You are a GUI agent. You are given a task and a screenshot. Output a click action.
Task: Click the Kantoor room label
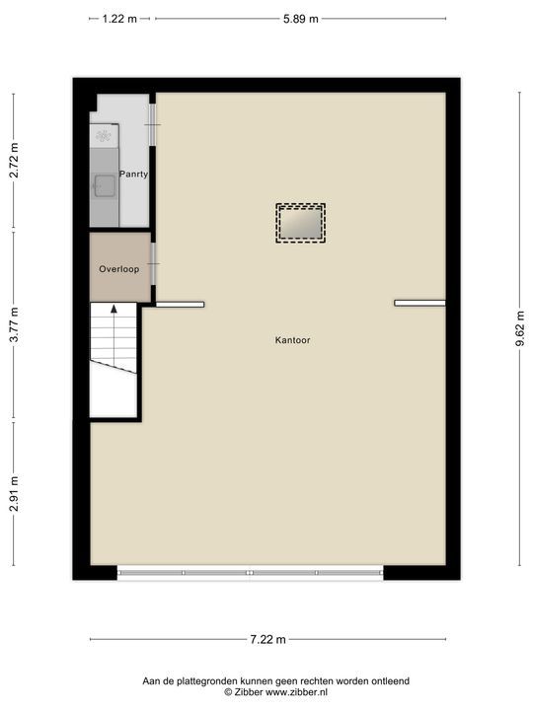(x=293, y=340)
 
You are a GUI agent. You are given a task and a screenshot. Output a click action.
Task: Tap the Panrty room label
(x=134, y=175)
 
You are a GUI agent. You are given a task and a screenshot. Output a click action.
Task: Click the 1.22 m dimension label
(x=119, y=19)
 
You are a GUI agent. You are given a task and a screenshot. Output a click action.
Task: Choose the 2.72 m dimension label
(x=14, y=162)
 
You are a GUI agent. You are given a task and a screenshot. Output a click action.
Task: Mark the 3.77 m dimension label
(x=14, y=325)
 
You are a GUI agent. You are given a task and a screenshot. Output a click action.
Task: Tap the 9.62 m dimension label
(x=519, y=329)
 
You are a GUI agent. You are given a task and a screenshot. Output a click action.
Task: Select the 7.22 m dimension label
(x=266, y=639)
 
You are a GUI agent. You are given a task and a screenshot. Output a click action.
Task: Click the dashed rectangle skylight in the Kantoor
(x=300, y=223)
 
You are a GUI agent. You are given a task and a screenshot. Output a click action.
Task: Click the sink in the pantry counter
(x=103, y=184)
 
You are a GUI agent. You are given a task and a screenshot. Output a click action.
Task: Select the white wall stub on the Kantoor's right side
(x=419, y=303)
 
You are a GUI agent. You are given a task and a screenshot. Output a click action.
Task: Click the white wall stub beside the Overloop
(x=180, y=304)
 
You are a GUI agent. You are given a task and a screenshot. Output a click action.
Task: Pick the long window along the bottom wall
(x=250, y=572)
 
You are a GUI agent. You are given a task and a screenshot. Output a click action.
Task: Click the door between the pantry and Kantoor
(x=152, y=115)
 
